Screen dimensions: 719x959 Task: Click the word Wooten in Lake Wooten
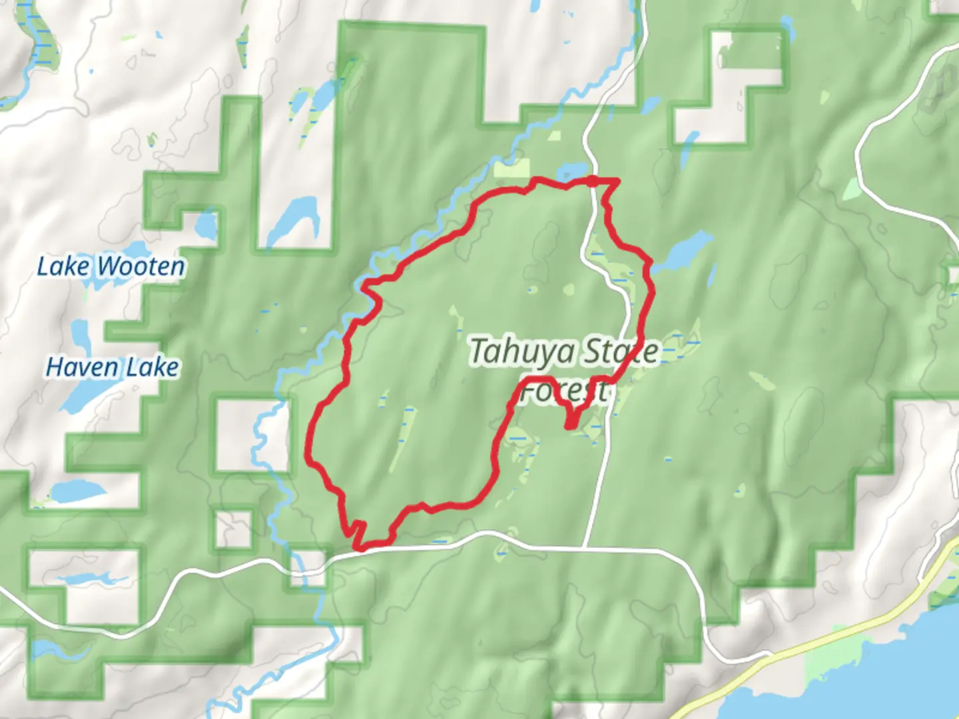coord(141,267)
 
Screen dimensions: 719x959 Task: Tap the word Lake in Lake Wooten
coord(63,267)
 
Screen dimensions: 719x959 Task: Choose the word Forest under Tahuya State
coord(563,391)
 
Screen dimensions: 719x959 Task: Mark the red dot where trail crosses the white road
coord(592,180)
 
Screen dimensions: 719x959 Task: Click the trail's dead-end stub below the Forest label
coord(570,423)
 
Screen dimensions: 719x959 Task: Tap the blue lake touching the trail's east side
coord(683,252)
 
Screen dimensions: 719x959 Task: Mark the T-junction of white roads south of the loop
coord(584,548)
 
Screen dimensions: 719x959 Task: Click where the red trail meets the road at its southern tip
coord(360,548)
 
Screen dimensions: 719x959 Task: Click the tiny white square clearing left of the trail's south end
coord(233,529)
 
